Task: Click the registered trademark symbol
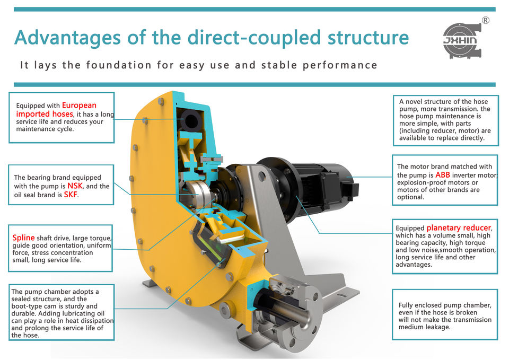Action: point(485,21)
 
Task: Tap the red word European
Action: point(79,105)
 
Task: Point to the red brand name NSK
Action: point(75,186)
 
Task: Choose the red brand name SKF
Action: point(71,195)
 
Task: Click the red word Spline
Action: point(24,237)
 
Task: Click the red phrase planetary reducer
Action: point(459,228)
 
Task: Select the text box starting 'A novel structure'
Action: point(445,120)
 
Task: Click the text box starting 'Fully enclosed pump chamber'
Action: point(444,316)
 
